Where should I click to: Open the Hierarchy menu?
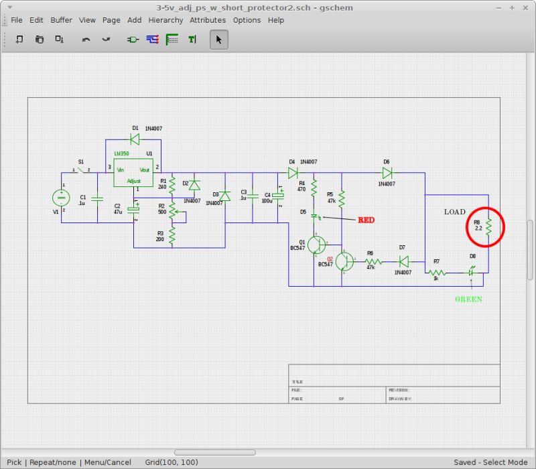pos(165,20)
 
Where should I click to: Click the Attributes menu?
pos(208,20)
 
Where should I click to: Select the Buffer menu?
pos(61,20)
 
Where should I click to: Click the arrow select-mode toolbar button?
pos(218,40)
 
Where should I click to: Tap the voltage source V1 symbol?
pos(61,198)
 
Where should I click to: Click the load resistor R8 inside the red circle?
pos(489,226)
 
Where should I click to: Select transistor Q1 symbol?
pos(317,245)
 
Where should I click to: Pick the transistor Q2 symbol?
pos(344,261)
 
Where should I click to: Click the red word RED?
pos(366,220)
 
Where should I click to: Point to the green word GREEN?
pos(468,299)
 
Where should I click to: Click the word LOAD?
pos(454,212)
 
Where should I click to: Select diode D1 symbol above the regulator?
pos(135,139)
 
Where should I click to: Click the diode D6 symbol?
pos(387,172)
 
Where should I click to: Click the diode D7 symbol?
pos(403,261)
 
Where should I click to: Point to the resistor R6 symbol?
pos(373,261)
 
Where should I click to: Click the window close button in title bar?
pos(526,7)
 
